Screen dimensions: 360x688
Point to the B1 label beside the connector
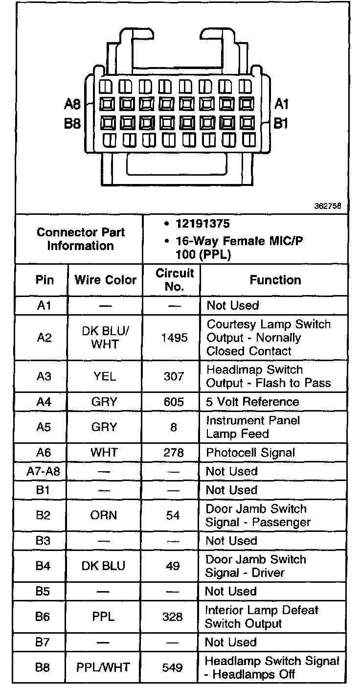pyautogui.click(x=280, y=123)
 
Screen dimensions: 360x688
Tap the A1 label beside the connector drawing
pyautogui.click(x=281, y=104)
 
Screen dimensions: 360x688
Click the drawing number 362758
pyautogui.click(x=327, y=206)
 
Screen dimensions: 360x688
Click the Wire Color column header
pyautogui.click(x=105, y=280)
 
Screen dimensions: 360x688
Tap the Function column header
pyautogui.click(x=275, y=280)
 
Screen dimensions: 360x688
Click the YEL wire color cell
pyautogui.click(x=104, y=376)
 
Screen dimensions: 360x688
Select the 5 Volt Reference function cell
pyautogui.click(x=252, y=402)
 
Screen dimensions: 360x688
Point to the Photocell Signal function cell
pyautogui.click(x=250, y=453)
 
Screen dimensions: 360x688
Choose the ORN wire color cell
pyautogui.click(x=104, y=515)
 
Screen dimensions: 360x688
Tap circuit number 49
pyautogui.click(x=173, y=566)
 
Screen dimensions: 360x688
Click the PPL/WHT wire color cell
pyautogui.click(x=103, y=667)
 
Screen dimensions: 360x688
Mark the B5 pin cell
pyautogui.click(x=43, y=591)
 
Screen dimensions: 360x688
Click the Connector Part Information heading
pyautogui.click(x=80, y=239)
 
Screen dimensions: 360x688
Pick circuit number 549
pyautogui.click(x=173, y=667)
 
